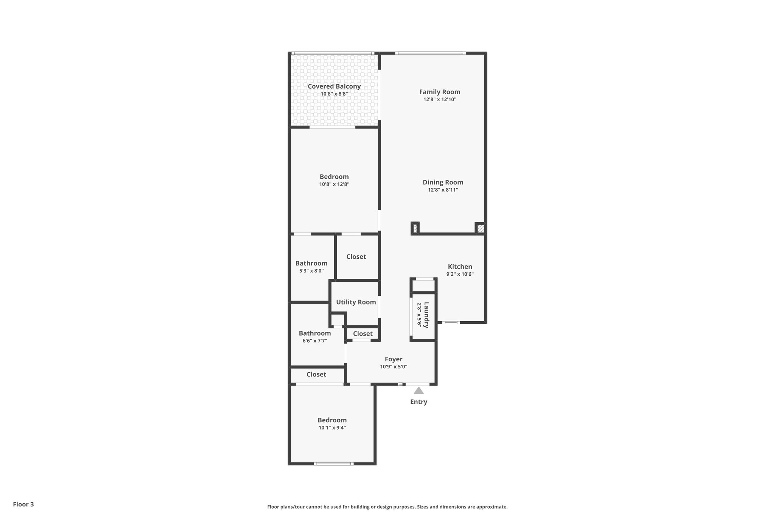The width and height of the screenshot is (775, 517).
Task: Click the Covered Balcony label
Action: pyautogui.click(x=334, y=86)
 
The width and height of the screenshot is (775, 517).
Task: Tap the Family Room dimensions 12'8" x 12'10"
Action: pyautogui.click(x=439, y=100)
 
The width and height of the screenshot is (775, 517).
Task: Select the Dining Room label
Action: pyautogui.click(x=443, y=182)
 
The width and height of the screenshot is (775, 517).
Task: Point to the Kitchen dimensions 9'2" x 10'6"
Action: pyautogui.click(x=460, y=274)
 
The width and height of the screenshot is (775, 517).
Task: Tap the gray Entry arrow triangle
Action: pyautogui.click(x=419, y=390)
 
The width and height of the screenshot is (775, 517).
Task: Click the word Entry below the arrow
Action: pyautogui.click(x=419, y=402)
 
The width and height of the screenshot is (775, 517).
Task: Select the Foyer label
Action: pyautogui.click(x=394, y=359)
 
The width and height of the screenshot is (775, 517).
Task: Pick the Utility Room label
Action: pyautogui.click(x=356, y=302)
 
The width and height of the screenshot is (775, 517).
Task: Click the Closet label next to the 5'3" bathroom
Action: pyautogui.click(x=356, y=257)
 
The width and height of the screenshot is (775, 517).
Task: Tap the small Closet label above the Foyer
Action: pyautogui.click(x=363, y=334)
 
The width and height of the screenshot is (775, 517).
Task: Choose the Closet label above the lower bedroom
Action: pyautogui.click(x=316, y=375)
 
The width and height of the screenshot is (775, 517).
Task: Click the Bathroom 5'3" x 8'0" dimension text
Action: pyautogui.click(x=311, y=271)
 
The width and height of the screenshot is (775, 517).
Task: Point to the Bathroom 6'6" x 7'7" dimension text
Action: pyautogui.click(x=314, y=341)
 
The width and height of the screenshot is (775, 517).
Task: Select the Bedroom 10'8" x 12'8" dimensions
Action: pyautogui.click(x=334, y=184)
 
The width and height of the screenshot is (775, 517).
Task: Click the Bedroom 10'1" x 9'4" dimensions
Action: pyautogui.click(x=332, y=428)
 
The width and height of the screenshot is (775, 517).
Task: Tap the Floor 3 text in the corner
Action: pyautogui.click(x=23, y=504)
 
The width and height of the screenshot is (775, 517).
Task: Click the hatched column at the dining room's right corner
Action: pyautogui.click(x=480, y=229)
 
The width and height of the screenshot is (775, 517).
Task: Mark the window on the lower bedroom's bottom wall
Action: pyautogui.click(x=333, y=464)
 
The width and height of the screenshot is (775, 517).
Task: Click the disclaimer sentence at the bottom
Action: pyautogui.click(x=387, y=507)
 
